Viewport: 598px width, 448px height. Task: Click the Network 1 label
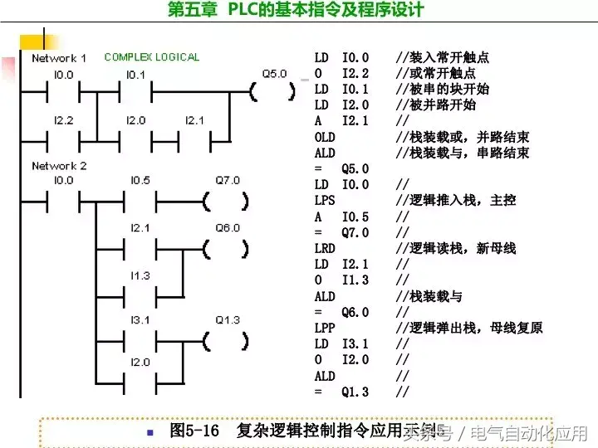[x=59, y=58]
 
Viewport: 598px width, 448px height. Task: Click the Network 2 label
[x=59, y=166]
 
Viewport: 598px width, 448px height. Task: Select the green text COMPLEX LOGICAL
[x=152, y=57]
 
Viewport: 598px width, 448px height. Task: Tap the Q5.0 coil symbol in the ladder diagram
[x=273, y=91]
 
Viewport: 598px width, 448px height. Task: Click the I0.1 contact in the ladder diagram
[x=135, y=91]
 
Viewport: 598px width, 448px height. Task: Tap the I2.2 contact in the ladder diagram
[x=63, y=138]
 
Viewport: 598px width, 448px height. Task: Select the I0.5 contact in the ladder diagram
[x=140, y=200]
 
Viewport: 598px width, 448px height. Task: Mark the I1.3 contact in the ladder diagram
[x=140, y=294]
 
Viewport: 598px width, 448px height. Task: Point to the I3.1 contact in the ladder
[x=140, y=340]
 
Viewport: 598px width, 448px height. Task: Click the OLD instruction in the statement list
[x=325, y=137]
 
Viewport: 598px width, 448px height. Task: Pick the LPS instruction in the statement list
[x=325, y=201]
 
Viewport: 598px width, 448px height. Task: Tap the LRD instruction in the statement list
[x=325, y=249]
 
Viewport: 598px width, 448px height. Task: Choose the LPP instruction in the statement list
[x=325, y=329]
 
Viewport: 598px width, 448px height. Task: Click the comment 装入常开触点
[x=448, y=58]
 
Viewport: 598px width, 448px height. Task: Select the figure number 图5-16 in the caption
[x=194, y=431]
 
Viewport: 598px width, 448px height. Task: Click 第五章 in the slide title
[x=194, y=10]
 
